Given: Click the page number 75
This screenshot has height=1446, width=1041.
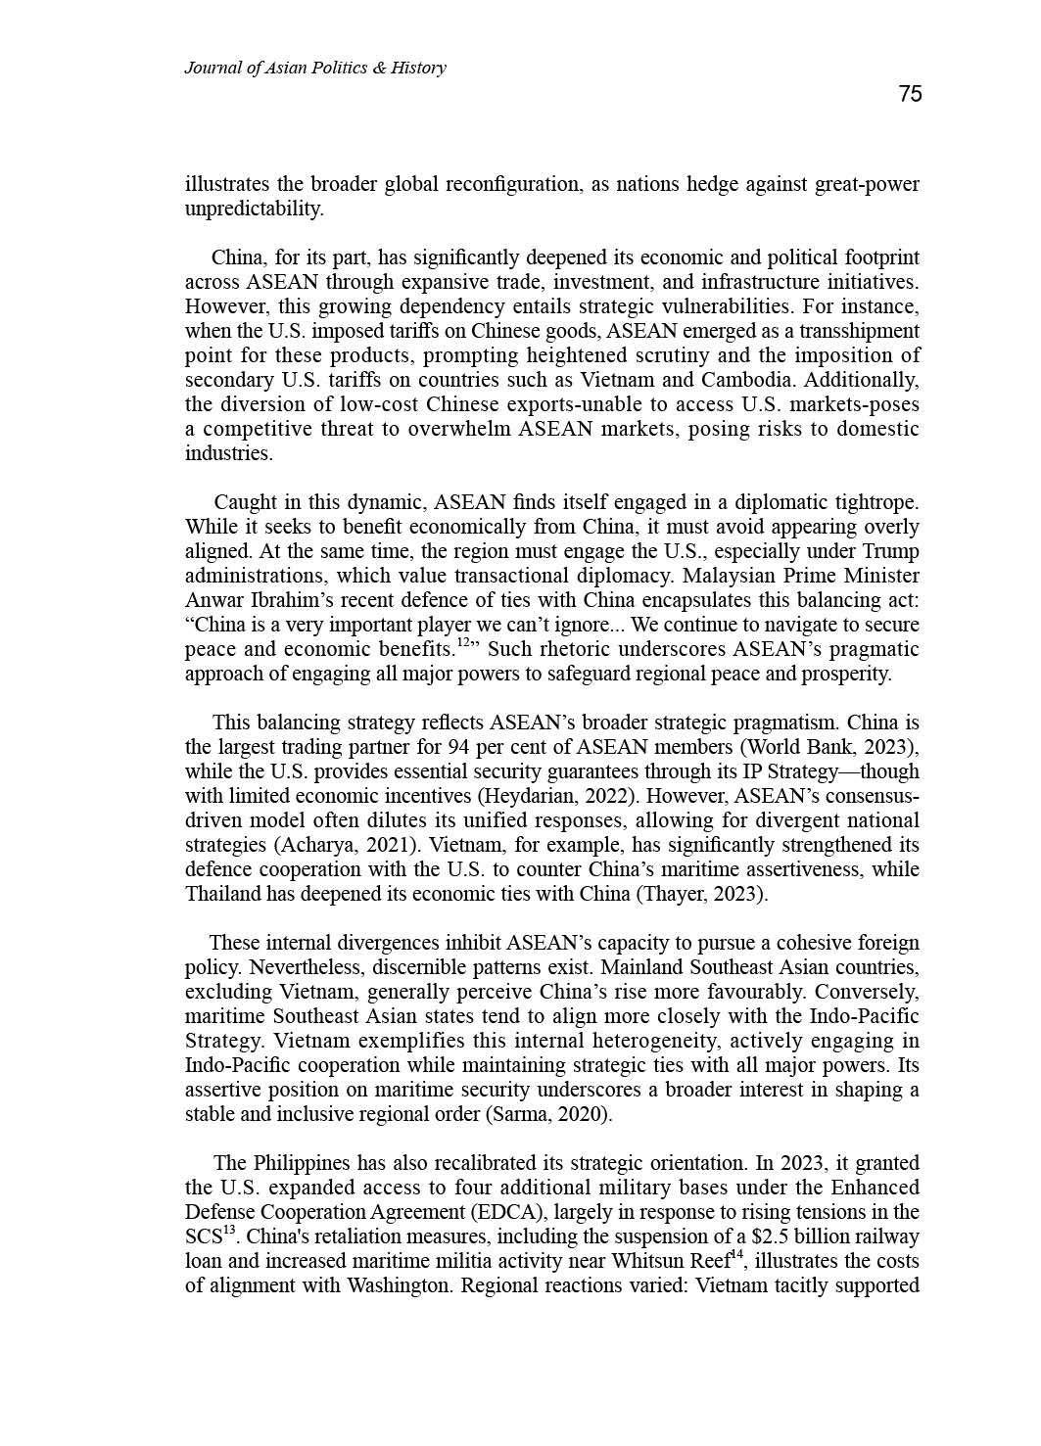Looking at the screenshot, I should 910,94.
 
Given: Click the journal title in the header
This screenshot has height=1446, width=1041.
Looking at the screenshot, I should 314,68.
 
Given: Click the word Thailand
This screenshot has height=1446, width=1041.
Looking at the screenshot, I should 224,894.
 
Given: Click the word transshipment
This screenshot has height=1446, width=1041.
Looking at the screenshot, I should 859,331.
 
